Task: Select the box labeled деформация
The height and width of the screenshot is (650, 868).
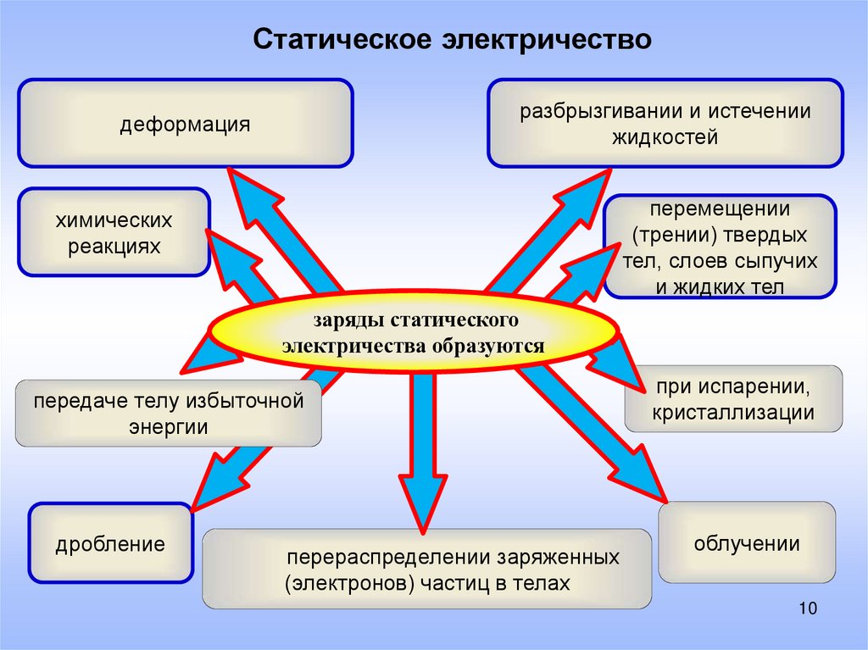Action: tap(185, 123)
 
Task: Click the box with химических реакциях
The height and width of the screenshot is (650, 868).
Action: tap(114, 232)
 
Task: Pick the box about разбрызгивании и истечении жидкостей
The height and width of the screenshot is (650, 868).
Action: tap(665, 123)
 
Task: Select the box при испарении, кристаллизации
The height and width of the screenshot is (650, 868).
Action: tap(733, 399)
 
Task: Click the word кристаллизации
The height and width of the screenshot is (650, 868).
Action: tap(733, 413)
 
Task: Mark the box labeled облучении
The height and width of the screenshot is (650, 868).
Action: tap(747, 542)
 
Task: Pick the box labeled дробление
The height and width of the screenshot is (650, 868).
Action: tap(110, 542)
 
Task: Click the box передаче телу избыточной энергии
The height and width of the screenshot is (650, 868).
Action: tap(169, 414)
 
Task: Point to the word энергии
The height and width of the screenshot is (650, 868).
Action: tap(169, 427)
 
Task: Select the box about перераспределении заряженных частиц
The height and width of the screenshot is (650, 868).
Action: tap(427, 569)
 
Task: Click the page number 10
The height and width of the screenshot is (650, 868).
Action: tap(806, 608)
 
